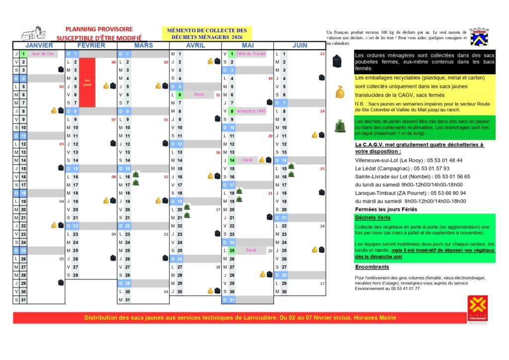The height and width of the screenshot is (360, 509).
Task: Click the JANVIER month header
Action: point(39,45)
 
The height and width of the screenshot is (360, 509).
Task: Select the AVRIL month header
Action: point(195,45)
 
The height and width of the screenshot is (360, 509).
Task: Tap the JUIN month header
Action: point(300,45)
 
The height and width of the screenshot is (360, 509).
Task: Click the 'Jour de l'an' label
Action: point(42,54)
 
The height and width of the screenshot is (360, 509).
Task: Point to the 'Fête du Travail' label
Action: point(251,54)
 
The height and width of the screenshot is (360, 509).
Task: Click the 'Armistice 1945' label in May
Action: point(251,111)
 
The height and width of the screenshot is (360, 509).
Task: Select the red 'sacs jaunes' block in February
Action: point(87,82)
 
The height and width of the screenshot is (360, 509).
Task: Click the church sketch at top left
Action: point(33,33)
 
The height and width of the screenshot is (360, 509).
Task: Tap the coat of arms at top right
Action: point(478,36)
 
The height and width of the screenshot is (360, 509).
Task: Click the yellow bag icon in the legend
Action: point(340,92)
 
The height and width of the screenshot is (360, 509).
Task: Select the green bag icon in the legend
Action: point(340,126)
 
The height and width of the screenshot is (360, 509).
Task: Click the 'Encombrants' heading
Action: point(372,267)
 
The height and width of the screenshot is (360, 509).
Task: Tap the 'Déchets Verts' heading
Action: point(373,217)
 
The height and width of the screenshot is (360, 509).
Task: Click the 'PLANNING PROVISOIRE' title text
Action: point(99,29)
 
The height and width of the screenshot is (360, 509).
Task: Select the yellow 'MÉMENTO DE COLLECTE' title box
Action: point(206,33)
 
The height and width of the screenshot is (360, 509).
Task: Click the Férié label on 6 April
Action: point(199,94)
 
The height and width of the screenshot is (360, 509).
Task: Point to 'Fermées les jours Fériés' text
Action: point(382,209)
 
